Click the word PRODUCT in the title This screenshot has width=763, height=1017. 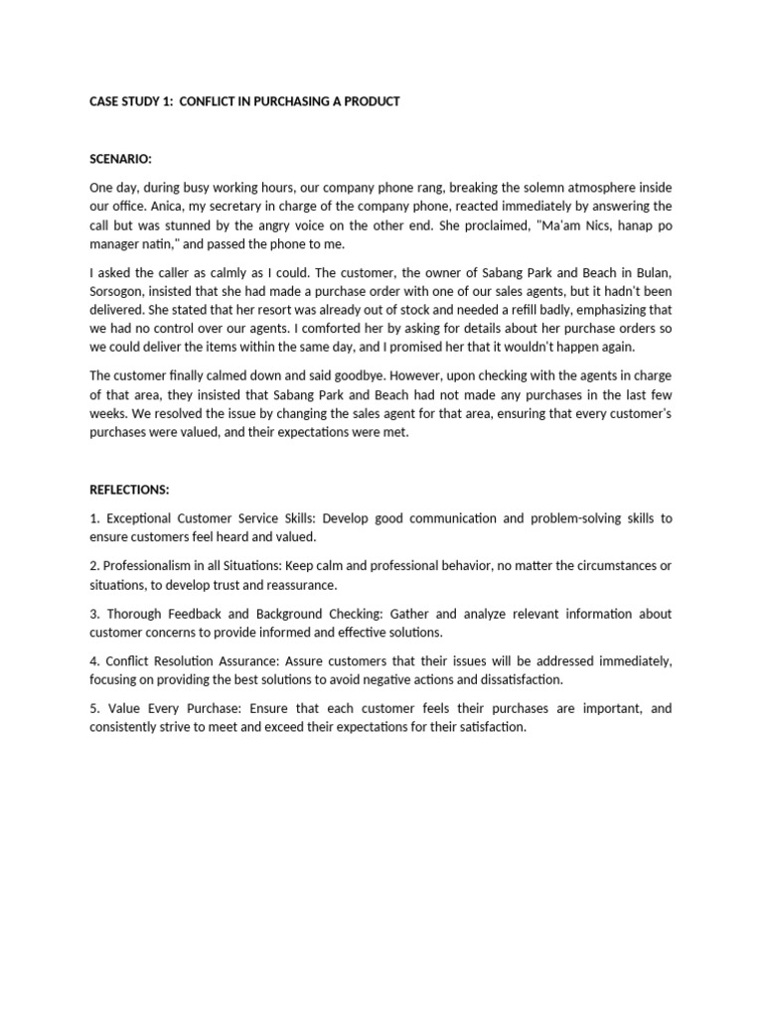370,102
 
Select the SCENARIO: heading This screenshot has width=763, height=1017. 122,159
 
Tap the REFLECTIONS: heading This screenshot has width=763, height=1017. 130,490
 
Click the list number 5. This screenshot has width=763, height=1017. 93,709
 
